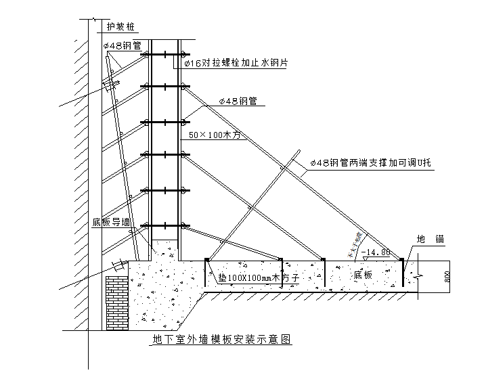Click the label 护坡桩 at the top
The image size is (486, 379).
click(x=120, y=27)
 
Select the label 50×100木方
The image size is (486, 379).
click(x=215, y=135)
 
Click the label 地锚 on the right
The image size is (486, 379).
click(x=430, y=240)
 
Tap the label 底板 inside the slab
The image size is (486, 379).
click(x=362, y=275)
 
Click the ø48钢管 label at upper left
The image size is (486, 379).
click(x=123, y=47)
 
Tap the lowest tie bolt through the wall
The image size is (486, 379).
click(x=164, y=225)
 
